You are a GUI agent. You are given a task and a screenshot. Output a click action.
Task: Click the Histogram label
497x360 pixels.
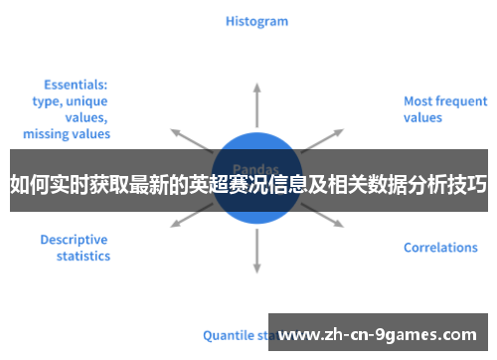coord(256,20)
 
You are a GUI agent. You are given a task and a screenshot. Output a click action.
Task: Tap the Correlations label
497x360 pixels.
coord(440,248)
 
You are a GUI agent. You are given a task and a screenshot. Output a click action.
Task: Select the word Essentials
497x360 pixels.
coord(76,86)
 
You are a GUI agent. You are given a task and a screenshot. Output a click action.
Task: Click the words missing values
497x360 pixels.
coord(67,133)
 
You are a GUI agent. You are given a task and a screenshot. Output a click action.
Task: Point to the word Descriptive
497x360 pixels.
coord(74,240)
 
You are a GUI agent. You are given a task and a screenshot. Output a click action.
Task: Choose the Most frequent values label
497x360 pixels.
coord(444,108)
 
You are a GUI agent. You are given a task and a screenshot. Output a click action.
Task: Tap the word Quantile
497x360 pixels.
coord(227,335)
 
